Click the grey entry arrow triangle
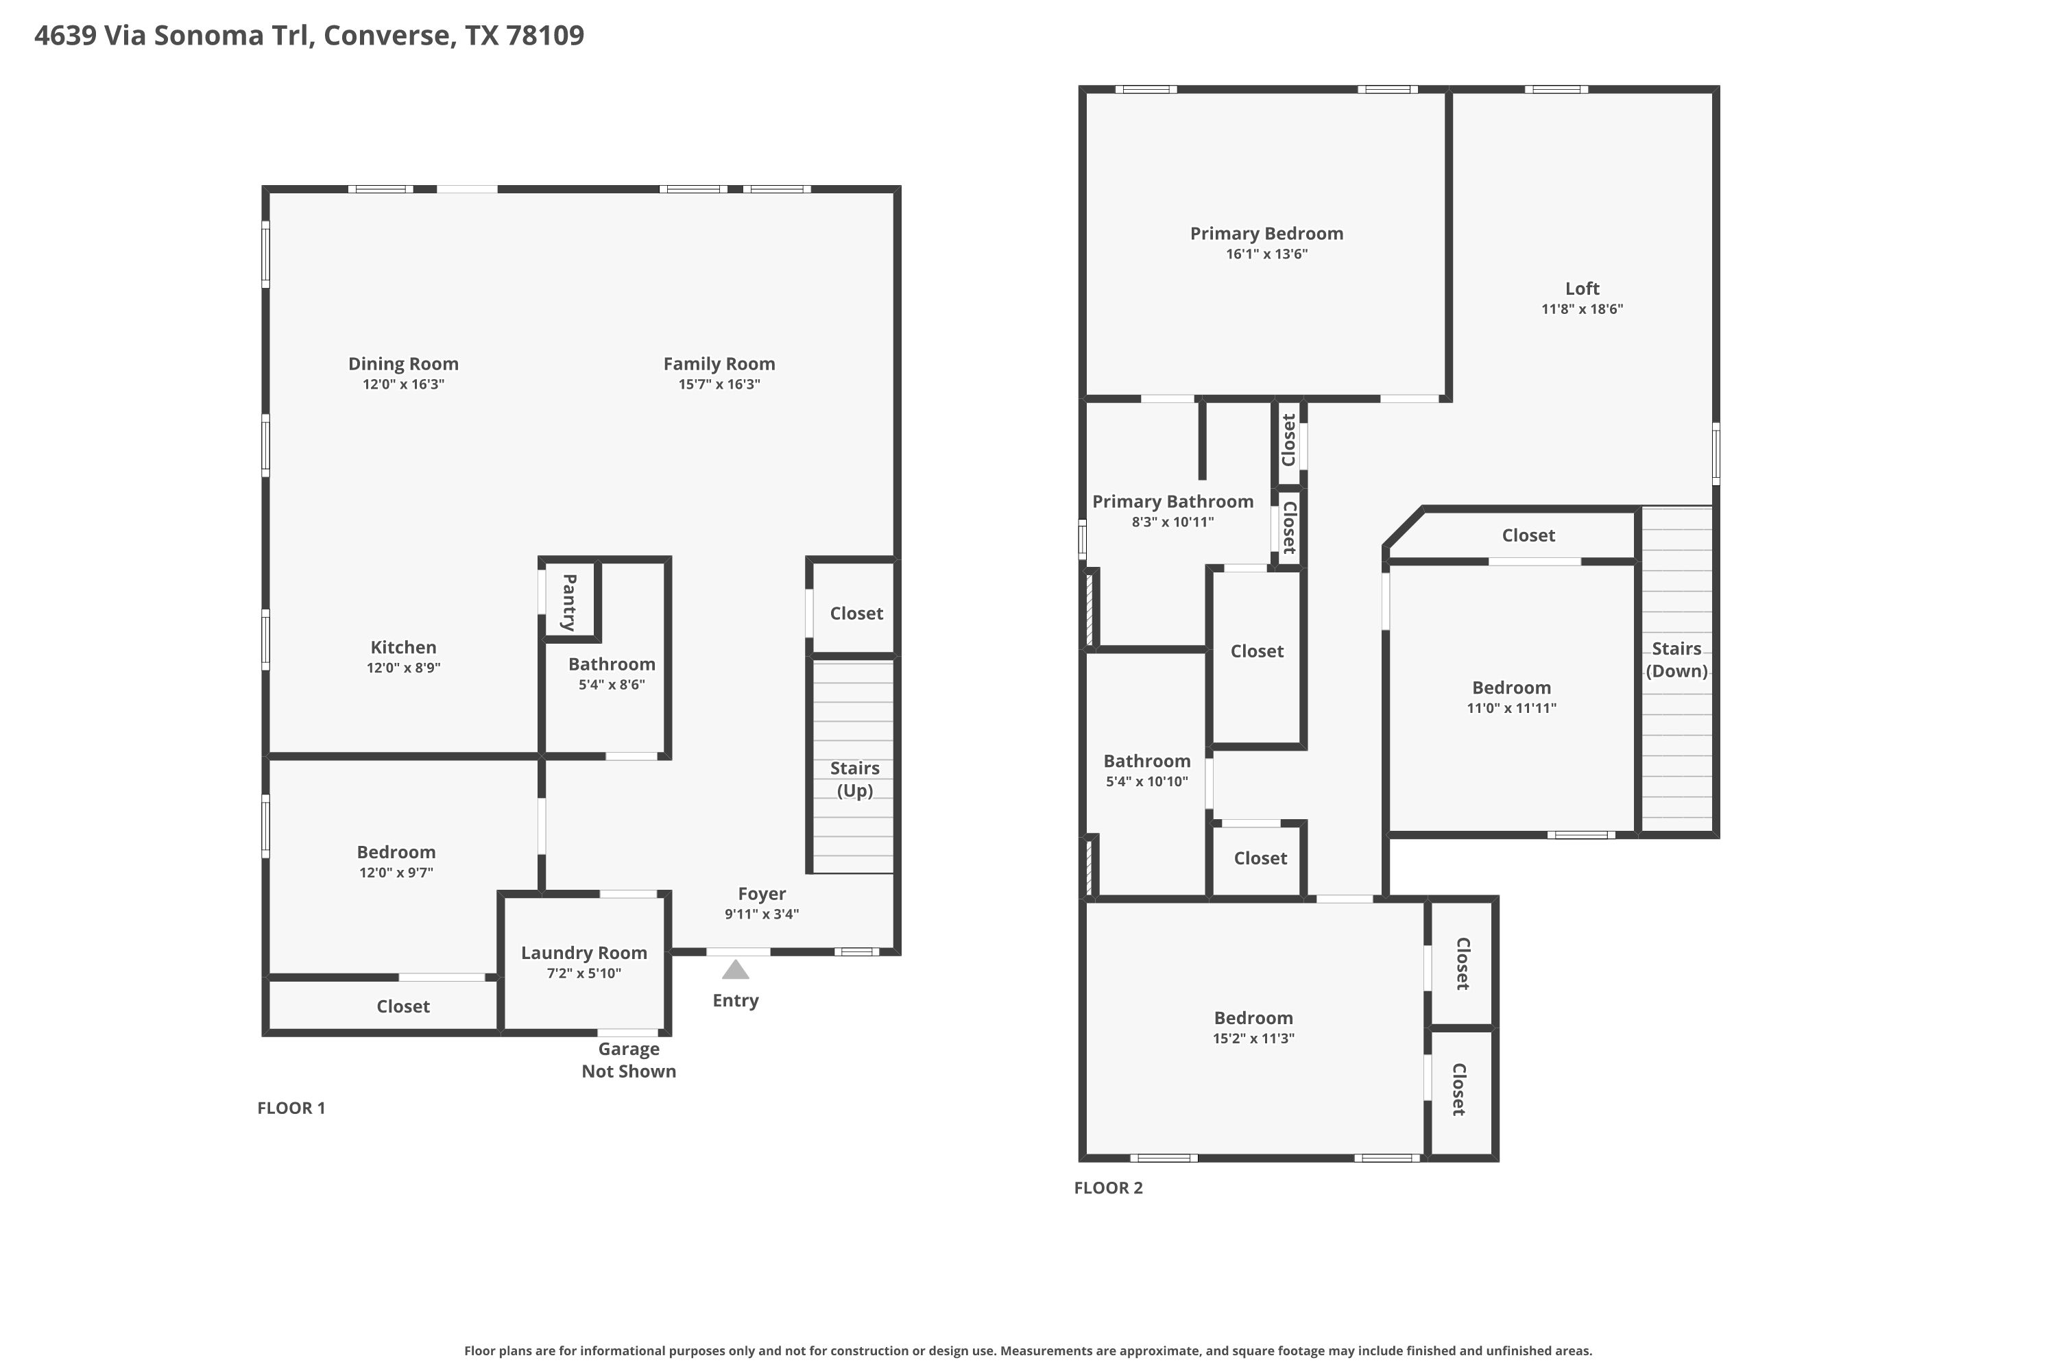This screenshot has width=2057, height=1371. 736,970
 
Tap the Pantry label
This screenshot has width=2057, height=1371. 569,603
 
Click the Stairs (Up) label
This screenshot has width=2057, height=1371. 854,779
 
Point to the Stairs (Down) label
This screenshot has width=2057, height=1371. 1676,659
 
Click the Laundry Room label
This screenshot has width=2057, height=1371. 584,953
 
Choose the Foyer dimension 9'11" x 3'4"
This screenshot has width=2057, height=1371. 762,914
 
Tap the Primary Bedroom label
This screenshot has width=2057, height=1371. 1266,234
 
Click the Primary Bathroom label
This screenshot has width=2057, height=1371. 1172,502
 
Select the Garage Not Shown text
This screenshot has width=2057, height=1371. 629,1060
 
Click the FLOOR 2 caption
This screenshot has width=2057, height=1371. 1108,1187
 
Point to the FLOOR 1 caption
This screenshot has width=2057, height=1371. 291,1108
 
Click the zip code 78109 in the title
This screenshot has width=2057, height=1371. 545,35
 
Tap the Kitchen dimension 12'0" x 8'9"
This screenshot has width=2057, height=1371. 403,668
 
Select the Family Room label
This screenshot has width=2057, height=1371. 719,364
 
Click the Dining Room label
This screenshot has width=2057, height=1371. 403,364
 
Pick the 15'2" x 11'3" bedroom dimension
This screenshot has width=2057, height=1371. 1253,1039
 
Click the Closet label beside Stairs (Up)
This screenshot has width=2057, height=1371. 856,614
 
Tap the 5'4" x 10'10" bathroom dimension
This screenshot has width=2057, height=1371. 1146,781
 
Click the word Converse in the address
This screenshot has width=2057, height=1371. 387,35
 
